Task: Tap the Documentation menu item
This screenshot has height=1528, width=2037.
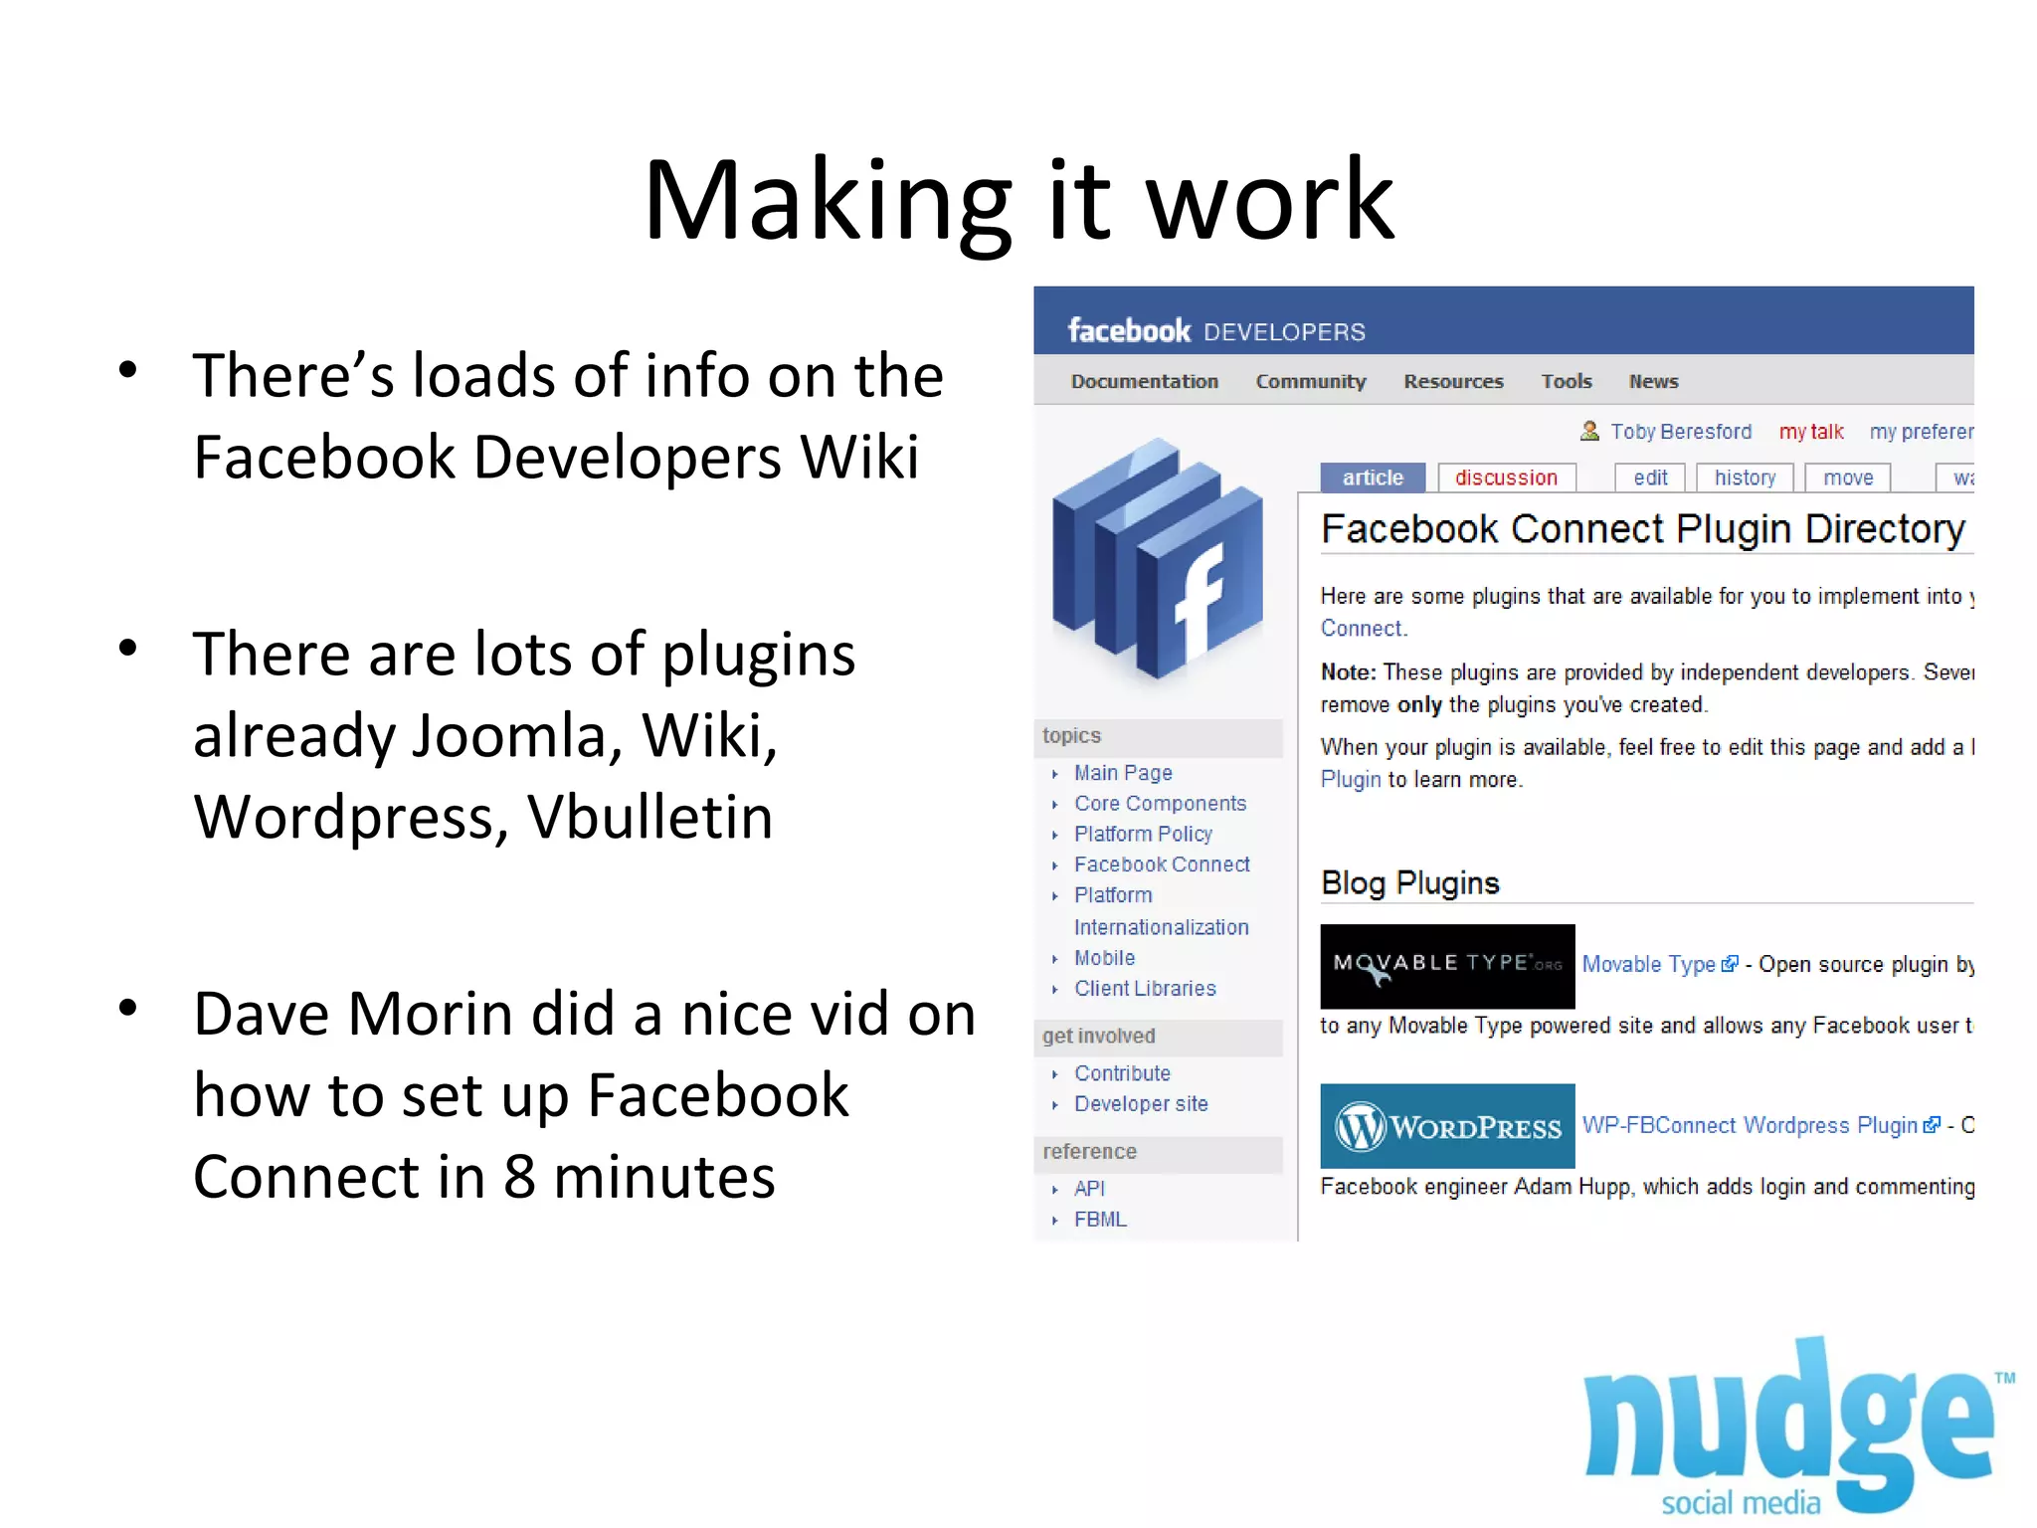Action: (x=1144, y=382)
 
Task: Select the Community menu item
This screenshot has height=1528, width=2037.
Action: (x=1310, y=382)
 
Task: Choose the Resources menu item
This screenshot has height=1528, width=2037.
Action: (x=1452, y=382)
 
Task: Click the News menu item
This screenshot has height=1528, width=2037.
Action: (x=1653, y=382)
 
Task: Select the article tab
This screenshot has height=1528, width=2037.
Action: (x=1372, y=478)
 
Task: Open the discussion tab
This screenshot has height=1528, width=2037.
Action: (x=1506, y=478)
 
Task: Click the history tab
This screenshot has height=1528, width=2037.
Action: (x=1745, y=478)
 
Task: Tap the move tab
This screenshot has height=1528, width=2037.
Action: (x=1847, y=478)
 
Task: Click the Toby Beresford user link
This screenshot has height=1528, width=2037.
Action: (x=1680, y=432)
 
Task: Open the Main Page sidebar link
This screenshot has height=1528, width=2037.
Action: (x=1123, y=773)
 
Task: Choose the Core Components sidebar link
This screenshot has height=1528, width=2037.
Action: (x=1160, y=804)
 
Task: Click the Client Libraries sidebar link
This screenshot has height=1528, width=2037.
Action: (x=1145, y=989)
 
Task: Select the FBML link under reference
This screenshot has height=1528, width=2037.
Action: (x=1100, y=1220)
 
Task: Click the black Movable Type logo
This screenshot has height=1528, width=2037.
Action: (x=1446, y=966)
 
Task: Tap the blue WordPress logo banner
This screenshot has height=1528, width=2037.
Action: (x=1446, y=1126)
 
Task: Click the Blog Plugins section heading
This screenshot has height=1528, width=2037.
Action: (x=1409, y=883)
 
